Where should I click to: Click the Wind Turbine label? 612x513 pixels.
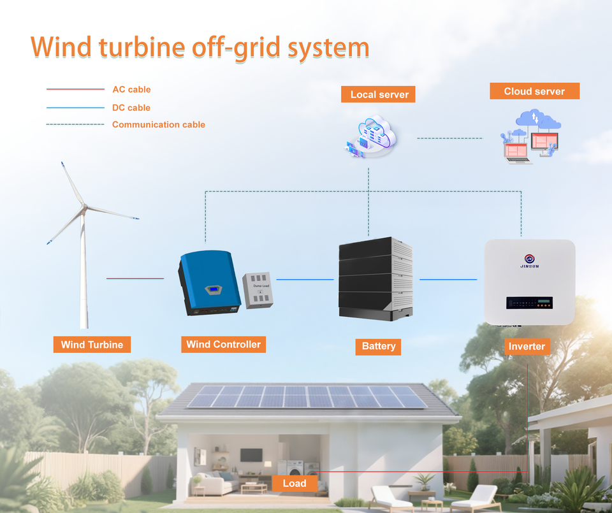click(92, 345)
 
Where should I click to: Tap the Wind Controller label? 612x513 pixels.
click(223, 345)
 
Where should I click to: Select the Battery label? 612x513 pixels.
click(378, 347)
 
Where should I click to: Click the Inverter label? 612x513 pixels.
click(527, 347)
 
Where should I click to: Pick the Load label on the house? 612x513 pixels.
click(295, 483)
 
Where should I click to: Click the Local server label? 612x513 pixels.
click(378, 94)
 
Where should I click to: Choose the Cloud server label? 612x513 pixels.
click(535, 91)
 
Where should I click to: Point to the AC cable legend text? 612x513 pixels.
click(131, 89)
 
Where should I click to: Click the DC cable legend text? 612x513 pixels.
click(131, 108)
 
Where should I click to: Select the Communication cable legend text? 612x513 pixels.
click(159, 124)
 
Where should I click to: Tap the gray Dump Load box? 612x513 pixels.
click(258, 290)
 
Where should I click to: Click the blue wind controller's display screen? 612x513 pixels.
click(214, 289)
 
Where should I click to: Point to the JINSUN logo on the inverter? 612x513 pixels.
click(530, 261)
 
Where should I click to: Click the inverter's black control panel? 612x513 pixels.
click(529, 303)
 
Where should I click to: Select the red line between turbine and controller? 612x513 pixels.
click(135, 278)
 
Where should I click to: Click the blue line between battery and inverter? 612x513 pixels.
click(448, 279)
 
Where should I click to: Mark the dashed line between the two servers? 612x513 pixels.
click(449, 138)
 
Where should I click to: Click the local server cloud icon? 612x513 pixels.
click(371, 136)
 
